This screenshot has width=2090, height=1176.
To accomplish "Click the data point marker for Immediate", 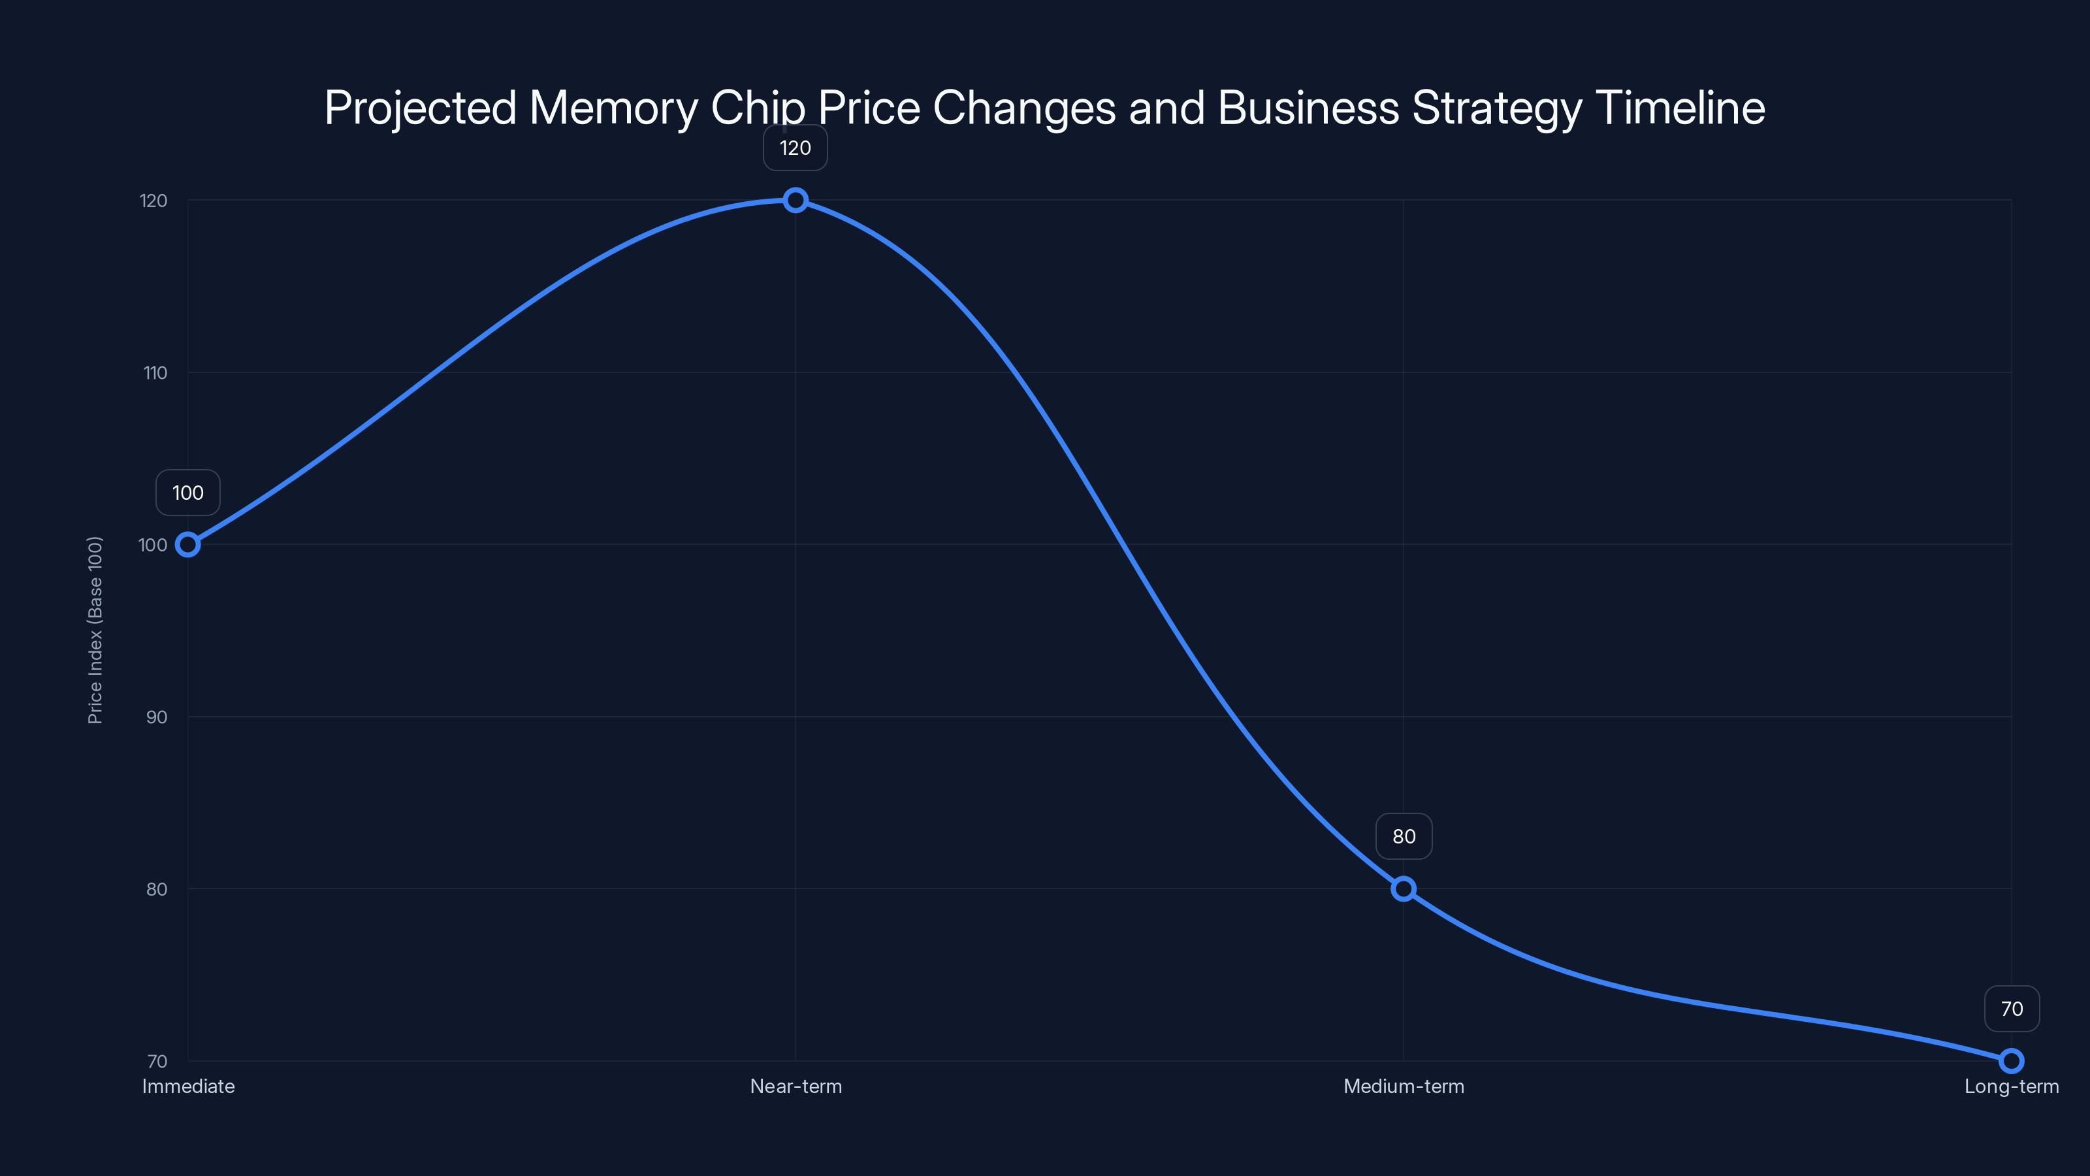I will pyautogui.click(x=187, y=545).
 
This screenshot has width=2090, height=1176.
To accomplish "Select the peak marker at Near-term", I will pyautogui.click(x=795, y=200).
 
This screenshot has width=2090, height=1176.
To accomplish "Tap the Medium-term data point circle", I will pyautogui.click(x=1404, y=889).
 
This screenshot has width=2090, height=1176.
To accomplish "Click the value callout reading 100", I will pyautogui.click(x=187, y=493).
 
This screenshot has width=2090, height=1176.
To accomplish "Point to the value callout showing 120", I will pyautogui.click(x=795, y=148).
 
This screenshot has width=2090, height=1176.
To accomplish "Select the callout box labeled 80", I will pyautogui.click(x=1404, y=837).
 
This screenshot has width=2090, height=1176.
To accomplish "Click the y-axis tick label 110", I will pyautogui.click(x=155, y=373).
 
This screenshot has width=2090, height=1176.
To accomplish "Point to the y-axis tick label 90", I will pyautogui.click(x=157, y=717).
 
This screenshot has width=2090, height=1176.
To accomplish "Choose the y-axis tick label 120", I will pyautogui.click(x=153, y=201).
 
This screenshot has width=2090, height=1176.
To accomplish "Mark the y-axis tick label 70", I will pyautogui.click(x=157, y=1062).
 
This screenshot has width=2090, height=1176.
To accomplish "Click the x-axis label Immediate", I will pyautogui.click(x=188, y=1086).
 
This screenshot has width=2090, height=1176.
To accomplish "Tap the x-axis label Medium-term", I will pyautogui.click(x=1404, y=1086).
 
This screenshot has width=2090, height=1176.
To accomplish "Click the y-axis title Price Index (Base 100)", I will pyautogui.click(x=95, y=630).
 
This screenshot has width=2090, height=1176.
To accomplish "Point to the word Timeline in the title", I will pyautogui.click(x=1679, y=108).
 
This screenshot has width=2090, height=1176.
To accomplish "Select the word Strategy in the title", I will pyautogui.click(x=1497, y=108).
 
